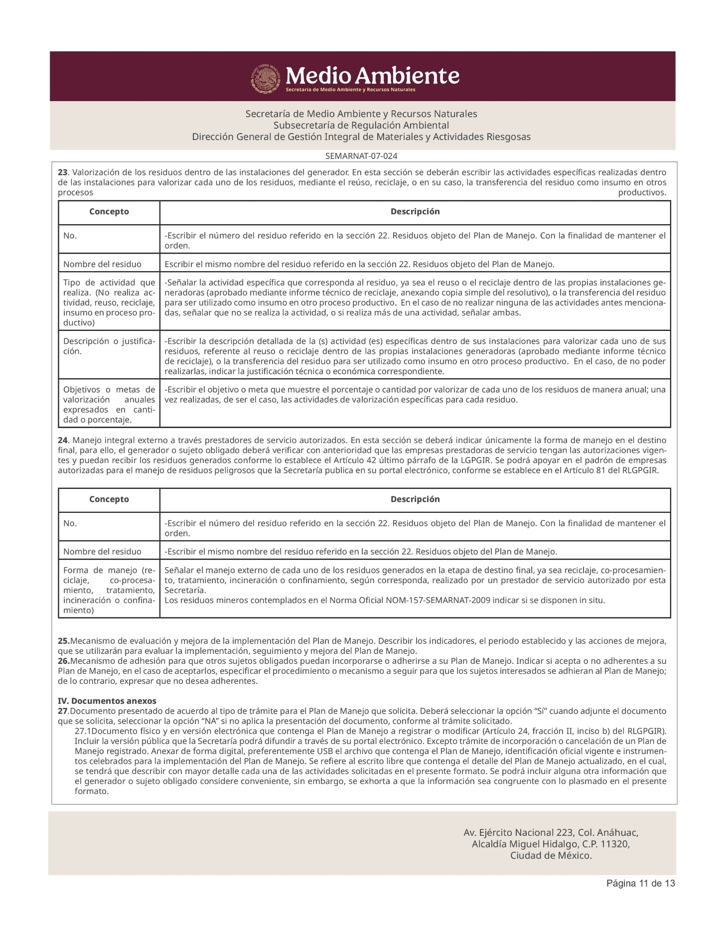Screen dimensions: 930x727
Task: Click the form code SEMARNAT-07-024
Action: click(361, 156)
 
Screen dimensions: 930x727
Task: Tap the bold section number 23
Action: click(62, 172)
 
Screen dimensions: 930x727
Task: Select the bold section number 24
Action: click(62, 441)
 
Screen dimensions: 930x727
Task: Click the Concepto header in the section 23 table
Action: click(109, 212)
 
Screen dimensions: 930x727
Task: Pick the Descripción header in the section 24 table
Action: click(415, 499)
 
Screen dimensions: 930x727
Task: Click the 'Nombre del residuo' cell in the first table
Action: click(102, 264)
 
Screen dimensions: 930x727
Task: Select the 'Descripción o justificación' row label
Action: click(109, 346)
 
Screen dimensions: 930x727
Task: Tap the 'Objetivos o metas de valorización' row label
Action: click(109, 405)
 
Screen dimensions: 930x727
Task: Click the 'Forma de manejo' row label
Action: click(109, 590)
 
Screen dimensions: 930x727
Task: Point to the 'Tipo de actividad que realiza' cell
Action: click(109, 303)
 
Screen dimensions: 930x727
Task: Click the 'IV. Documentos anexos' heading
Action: click(107, 701)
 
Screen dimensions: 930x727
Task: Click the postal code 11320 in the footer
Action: click(616, 844)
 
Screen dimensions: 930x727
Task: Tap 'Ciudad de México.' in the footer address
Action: click(551, 856)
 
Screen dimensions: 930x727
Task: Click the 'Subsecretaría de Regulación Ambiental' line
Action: click(361, 125)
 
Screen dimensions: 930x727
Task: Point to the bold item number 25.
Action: click(63, 641)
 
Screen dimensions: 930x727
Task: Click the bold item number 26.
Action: click(63, 661)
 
